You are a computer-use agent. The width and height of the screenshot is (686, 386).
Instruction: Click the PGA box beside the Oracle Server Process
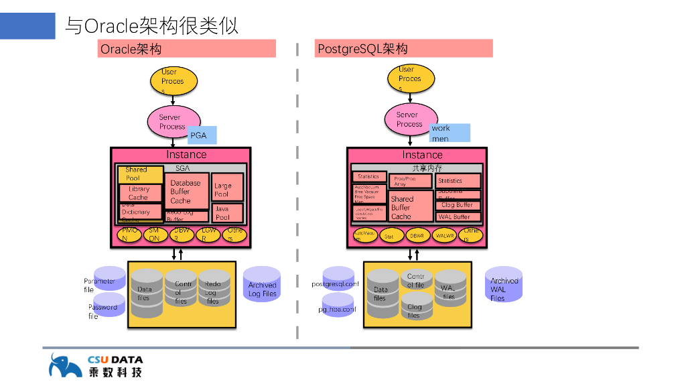point(202,135)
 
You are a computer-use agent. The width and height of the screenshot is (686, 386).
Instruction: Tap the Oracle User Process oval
point(172,81)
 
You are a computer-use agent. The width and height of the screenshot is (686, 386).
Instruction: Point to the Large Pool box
point(227,189)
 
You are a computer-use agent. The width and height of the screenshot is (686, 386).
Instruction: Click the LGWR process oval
point(208,235)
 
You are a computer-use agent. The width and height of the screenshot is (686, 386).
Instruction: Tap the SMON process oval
point(154,235)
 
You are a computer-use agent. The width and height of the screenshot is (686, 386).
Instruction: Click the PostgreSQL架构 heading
point(403,48)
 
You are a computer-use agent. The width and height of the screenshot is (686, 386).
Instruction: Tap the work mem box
point(450,133)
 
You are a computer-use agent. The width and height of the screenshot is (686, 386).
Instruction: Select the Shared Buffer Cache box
point(411,207)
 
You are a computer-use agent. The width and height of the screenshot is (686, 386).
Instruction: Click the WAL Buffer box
point(458,216)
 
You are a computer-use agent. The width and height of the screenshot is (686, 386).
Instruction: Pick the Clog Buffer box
point(458,204)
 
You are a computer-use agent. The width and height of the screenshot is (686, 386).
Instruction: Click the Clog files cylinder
point(415,310)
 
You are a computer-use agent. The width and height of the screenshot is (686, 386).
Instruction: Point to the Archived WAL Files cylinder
point(504,285)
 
